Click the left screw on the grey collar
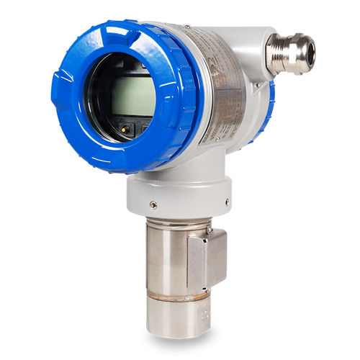[x=153, y=204]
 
